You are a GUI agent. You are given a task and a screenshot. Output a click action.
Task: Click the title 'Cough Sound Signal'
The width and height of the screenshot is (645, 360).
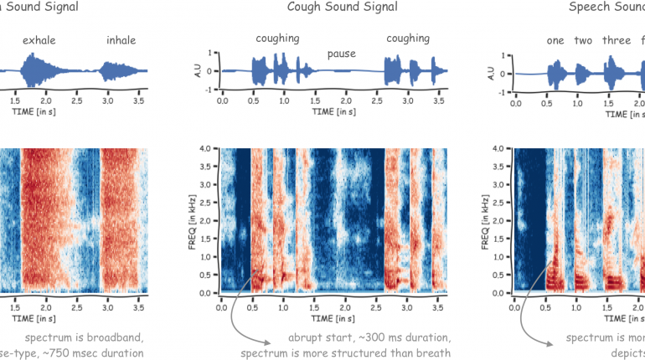(x=330, y=8)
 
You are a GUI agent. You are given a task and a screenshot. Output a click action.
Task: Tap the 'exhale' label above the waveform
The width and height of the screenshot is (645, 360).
(x=40, y=39)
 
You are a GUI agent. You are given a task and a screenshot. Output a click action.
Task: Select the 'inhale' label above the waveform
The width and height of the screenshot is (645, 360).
(x=121, y=39)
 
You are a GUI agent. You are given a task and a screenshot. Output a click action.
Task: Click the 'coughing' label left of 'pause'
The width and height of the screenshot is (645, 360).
(x=276, y=39)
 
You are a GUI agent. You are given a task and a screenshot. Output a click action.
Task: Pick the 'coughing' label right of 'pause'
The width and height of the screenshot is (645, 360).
(x=408, y=39)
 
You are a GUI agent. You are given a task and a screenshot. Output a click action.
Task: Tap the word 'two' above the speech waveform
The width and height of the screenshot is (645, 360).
(x=584, y=40)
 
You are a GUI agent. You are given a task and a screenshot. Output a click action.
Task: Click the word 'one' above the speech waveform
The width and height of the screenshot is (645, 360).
(x=555, y=40)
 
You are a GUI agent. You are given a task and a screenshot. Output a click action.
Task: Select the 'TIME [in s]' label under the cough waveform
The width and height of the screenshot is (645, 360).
(x=332, y=110)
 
